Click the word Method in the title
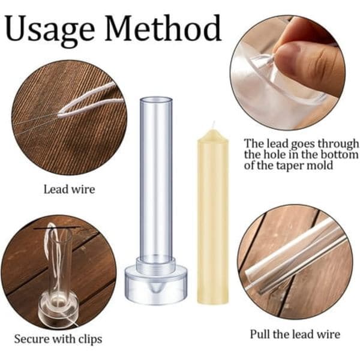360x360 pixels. click(x=163, y=28)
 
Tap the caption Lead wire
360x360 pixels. click(x=69, y=190)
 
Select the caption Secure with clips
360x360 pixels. click(x=58, y=339)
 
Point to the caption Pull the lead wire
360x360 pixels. click(x=295, y=334)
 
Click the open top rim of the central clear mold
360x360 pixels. click(x=156, y=100)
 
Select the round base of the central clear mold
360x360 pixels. click(x=156, y=284)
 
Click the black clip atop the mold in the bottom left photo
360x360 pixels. click(x=57, y=227)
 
